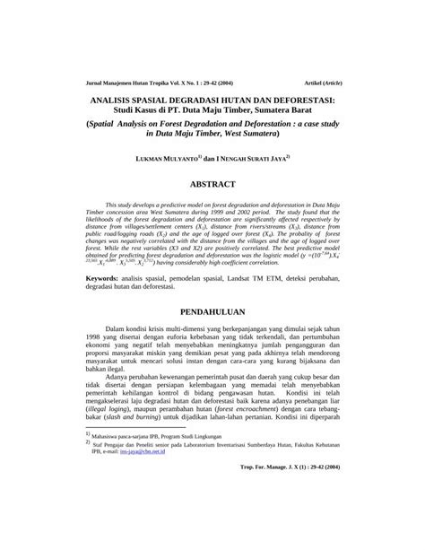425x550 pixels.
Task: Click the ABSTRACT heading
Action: pyautogui.click(x=212, y=184)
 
